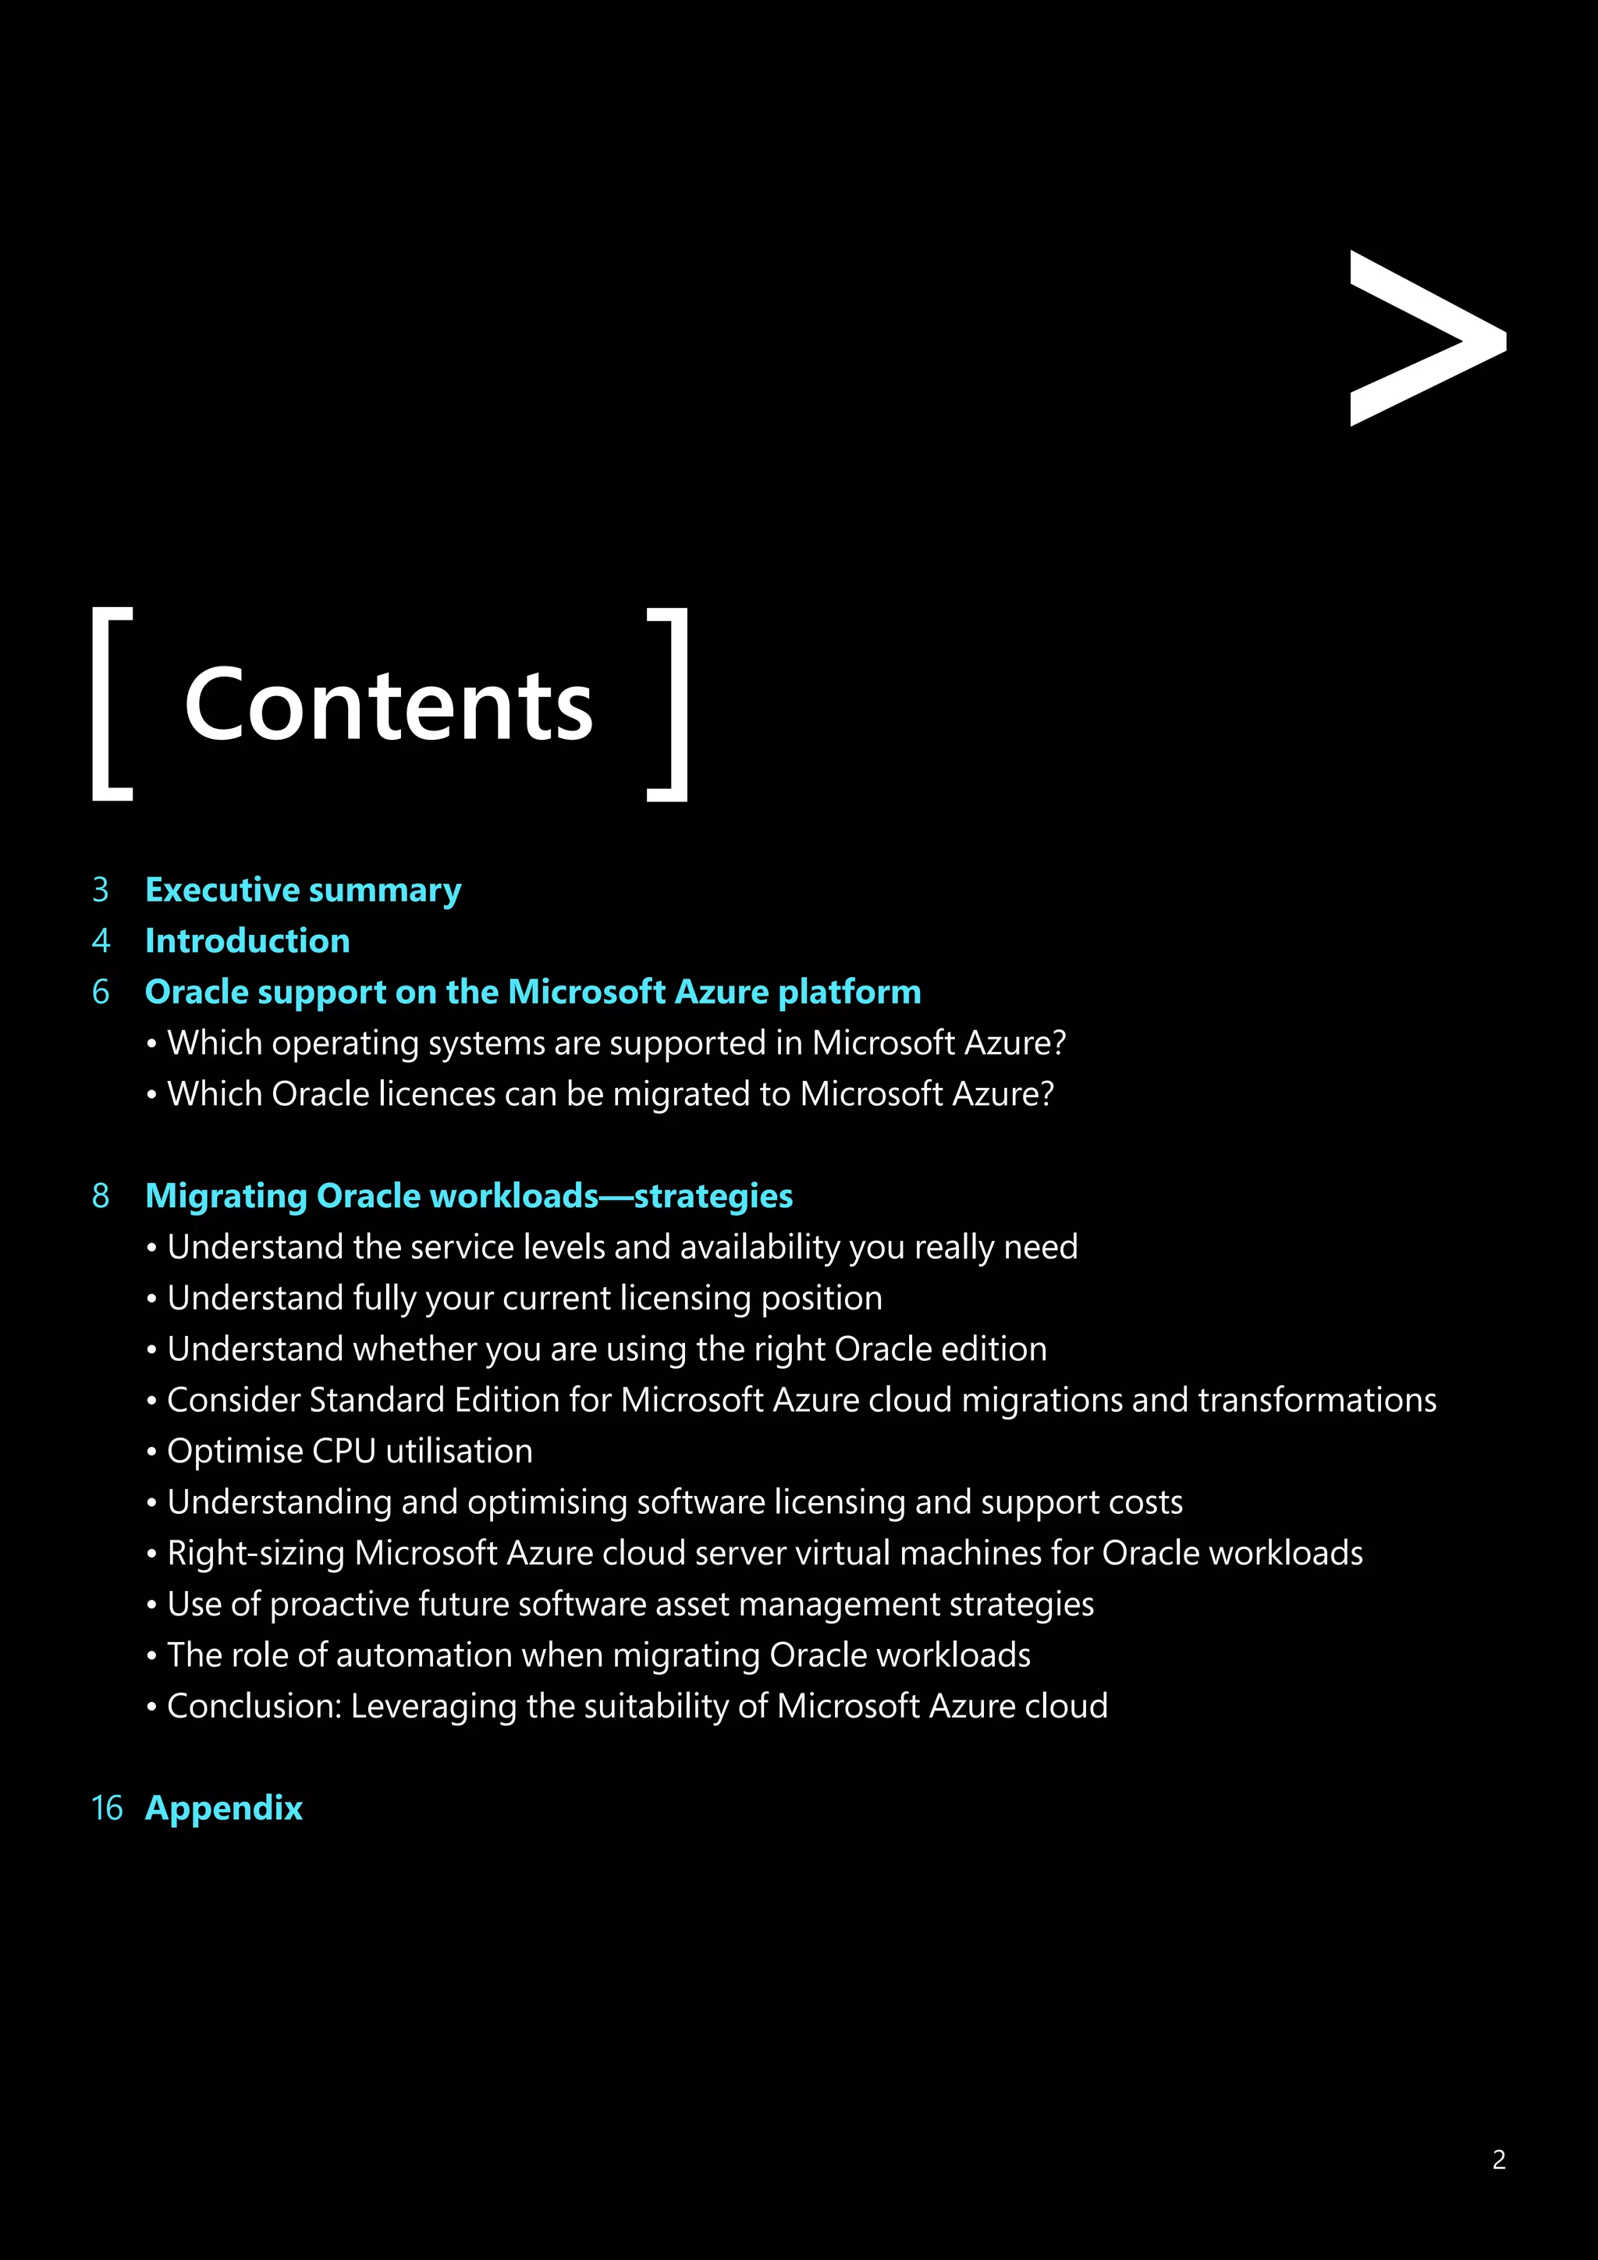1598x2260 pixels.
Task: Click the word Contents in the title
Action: tap(389, 705)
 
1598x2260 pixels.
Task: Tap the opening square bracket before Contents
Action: tap(112, 704)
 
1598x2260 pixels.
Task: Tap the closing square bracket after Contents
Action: tap(668, 704)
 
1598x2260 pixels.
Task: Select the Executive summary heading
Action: tap(303, 890)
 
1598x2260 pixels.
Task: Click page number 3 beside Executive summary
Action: tap(101, 890)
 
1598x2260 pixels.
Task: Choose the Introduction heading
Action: tap(247, 941)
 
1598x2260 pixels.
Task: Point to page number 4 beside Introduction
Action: tap(101, 941)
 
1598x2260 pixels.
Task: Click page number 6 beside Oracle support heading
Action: tap(101, 992)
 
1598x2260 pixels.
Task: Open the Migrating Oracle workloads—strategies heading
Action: tap(468, 1196)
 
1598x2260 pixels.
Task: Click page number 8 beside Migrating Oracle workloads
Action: tap(101, 1196)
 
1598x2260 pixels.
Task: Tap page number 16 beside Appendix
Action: tap(106, 1808)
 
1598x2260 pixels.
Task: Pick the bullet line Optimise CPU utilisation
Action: tap(350, 1451)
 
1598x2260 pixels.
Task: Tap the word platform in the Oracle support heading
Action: tap(849, 992)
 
